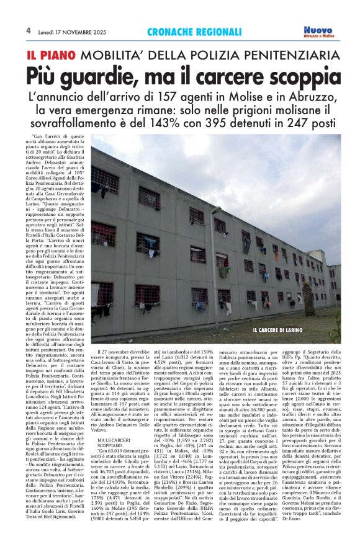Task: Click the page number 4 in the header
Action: click(x=29, y=30)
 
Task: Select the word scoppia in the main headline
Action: click(x=298, y=77)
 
